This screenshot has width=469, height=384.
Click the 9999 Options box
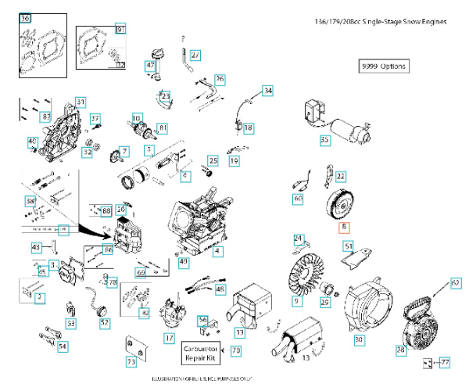(x=383, y=66)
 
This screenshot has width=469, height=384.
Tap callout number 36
(x=24, y=18)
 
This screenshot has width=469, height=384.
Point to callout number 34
(x=268, y=91)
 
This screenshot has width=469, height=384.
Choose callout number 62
(x=456, y=282)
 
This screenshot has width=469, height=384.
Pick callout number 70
(x=236, y=351)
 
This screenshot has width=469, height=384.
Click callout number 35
(x=325, y=140)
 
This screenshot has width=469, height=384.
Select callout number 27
(x=195, y=55)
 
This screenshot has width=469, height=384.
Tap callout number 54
(x=63, y=346)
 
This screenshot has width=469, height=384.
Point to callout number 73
(x=131, y=362)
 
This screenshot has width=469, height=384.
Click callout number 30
(x=359, y=340)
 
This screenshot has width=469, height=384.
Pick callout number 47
(x=149, y=66)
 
